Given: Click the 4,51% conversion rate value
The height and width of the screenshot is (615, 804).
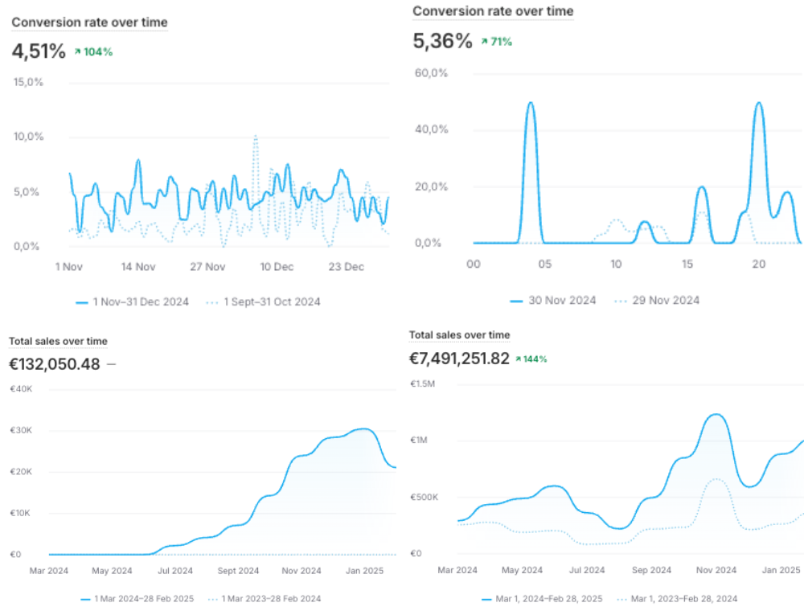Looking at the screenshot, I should click(x=38, y=51).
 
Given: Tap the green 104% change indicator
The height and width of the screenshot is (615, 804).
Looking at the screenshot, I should click(x=93, y=52).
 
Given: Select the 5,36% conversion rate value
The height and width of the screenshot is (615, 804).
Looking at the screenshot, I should click(x=442, y=41).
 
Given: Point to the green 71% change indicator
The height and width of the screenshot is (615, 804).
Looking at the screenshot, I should click(x=496, y=42).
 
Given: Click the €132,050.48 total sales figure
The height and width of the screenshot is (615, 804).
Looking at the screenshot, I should click(x=55, y=364).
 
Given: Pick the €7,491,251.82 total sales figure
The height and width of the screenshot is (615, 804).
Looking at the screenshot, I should click(x=459, y=359).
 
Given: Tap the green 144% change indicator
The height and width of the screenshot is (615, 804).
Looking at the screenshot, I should click(x=531, y=359).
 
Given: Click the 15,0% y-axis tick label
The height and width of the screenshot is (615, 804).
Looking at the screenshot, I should click(x=28, y=82).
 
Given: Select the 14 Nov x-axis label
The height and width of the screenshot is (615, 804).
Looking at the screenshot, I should click(x=138, y=266).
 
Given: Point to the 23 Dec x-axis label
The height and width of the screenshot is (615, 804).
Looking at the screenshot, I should click(x=347, y=266).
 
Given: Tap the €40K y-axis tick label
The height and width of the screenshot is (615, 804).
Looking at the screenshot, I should click(x=20, y=389).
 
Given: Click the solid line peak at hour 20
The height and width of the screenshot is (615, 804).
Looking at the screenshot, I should click(x=759, y=103).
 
